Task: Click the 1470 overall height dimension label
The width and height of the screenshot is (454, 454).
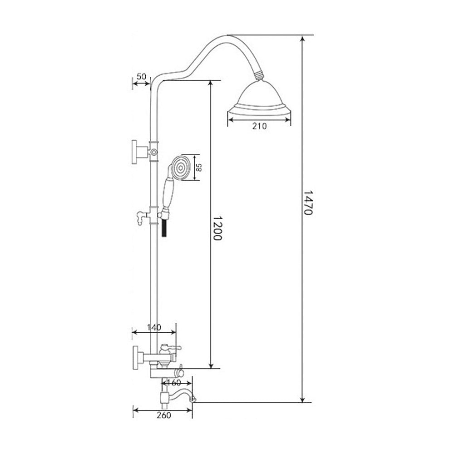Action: click(x=307, y=202)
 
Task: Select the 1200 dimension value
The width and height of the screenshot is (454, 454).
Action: click(x=217, y=227)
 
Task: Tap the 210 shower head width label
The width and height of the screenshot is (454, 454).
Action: click(x=259, y=126)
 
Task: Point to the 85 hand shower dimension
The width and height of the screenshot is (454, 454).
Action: click(x=199, y=168)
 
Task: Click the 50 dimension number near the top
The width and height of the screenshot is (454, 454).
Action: click(x=141, y=77)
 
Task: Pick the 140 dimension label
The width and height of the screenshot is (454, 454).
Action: click(x=154, y=327)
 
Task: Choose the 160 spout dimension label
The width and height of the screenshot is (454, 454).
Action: click(x=174, y=383)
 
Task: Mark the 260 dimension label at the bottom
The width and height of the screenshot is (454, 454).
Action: click(x=164, y=415)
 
